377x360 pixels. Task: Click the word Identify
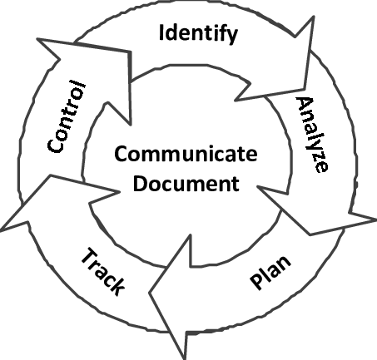point(198,34)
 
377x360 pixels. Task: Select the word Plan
point(270,272)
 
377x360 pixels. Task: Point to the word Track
point(103,272)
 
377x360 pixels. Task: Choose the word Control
point(67,116)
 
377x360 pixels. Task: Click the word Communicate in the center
point(186,154)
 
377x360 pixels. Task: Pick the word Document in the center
point(186,183)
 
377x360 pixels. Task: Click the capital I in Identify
point(161,32)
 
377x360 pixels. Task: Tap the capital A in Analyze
point(305,106)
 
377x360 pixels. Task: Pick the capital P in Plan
point(256,282)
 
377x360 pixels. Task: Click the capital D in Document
point(140,183)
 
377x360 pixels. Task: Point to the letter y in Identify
point(232,36)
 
